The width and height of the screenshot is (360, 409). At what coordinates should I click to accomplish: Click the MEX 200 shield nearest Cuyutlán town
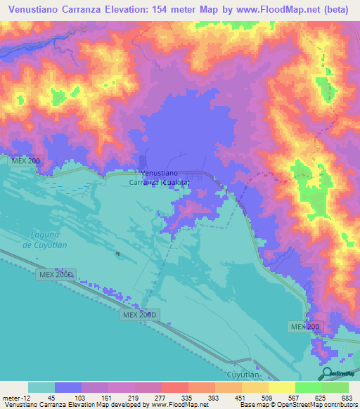(x=305, y=327)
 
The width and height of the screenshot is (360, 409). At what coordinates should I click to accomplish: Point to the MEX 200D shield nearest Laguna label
(x=56, y=273)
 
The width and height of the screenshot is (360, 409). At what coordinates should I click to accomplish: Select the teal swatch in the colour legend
(x=41, y=387)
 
